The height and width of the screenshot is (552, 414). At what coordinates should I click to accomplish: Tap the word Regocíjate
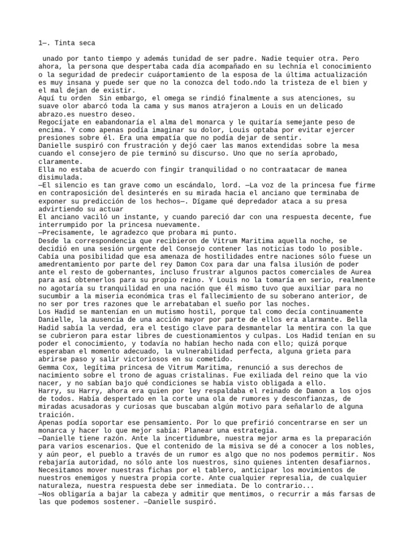[x=59, y=122]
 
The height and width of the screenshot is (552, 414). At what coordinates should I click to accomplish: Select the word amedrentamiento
[x=68, y=265]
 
